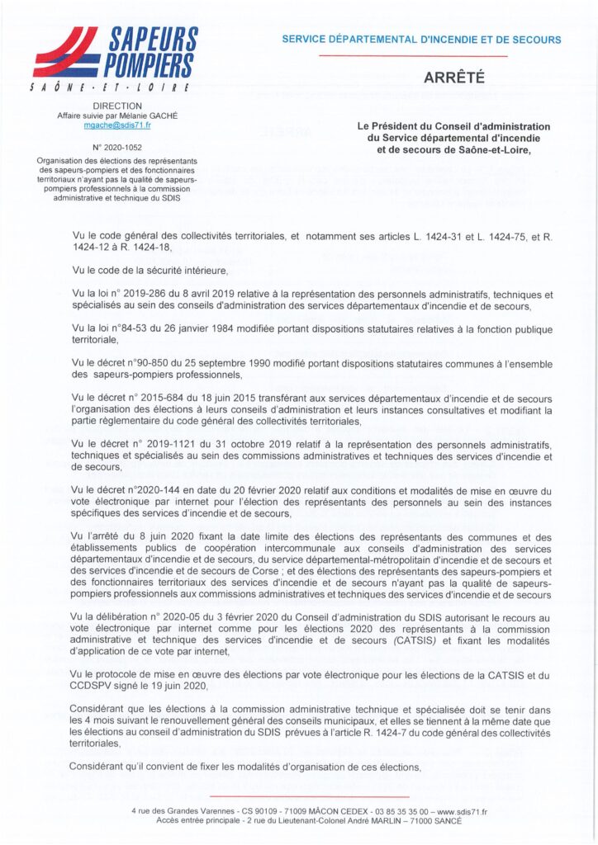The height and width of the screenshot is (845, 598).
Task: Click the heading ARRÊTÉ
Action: tap(453, 78)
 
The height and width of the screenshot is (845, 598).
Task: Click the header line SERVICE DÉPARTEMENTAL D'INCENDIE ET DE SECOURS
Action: tap(421, 40)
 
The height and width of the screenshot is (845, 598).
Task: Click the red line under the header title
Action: tap(412, 55)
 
